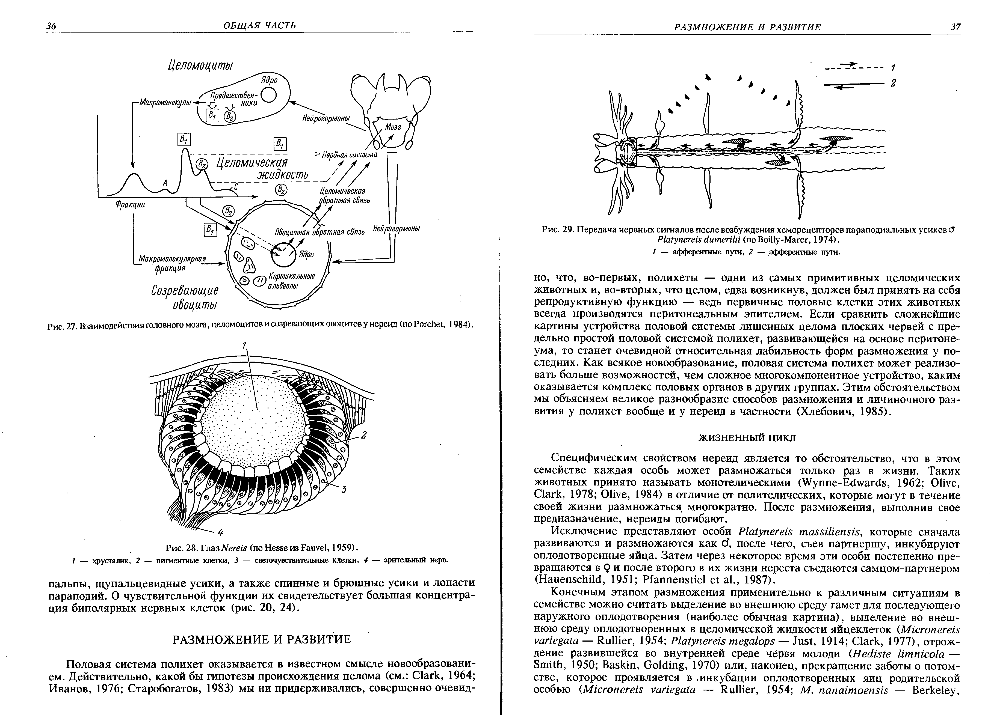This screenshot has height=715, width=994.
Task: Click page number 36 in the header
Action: tap(51, 26)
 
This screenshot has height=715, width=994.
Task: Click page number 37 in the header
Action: tap(955, 27)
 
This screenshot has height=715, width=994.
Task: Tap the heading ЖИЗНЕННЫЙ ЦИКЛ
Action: tap(746, 438)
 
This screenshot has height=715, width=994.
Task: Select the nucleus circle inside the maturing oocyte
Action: tap(283, 254)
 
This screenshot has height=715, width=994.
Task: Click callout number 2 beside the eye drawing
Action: tap(363, 435)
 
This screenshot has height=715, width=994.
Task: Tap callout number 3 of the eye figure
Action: tap(344, 490)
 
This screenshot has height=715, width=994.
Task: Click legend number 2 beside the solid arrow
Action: tap(893, 83)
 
